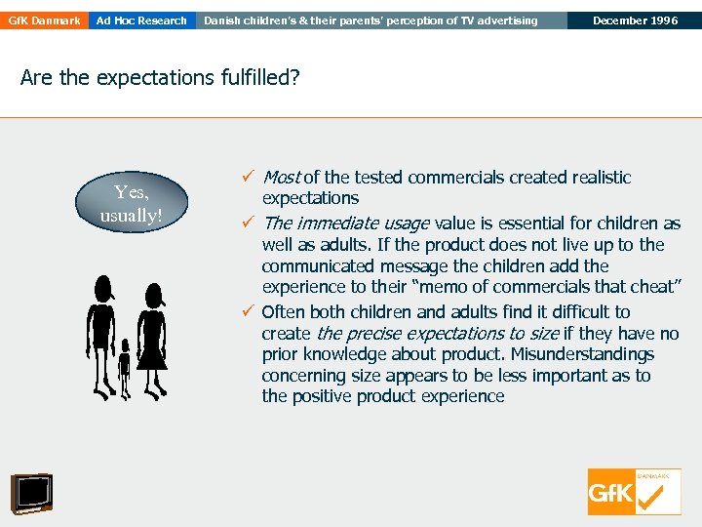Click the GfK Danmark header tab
click(x=44, y=20)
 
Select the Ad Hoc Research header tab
click(x=142, y=20)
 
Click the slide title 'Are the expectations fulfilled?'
click(x=160, y=78)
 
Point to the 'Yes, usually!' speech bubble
click(x=131, y=204)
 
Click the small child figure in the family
click(x=124, y=368)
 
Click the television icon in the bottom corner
click(x=32, y=493)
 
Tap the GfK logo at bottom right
click(x=634, y=492)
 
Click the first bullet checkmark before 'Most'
click(x=249, y=178)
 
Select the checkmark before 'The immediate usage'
click(x=249, y=223)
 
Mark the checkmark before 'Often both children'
click(x=249, y=312)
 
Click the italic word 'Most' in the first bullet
click(x=281, y=178)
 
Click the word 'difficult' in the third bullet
click(x=578, y=312)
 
